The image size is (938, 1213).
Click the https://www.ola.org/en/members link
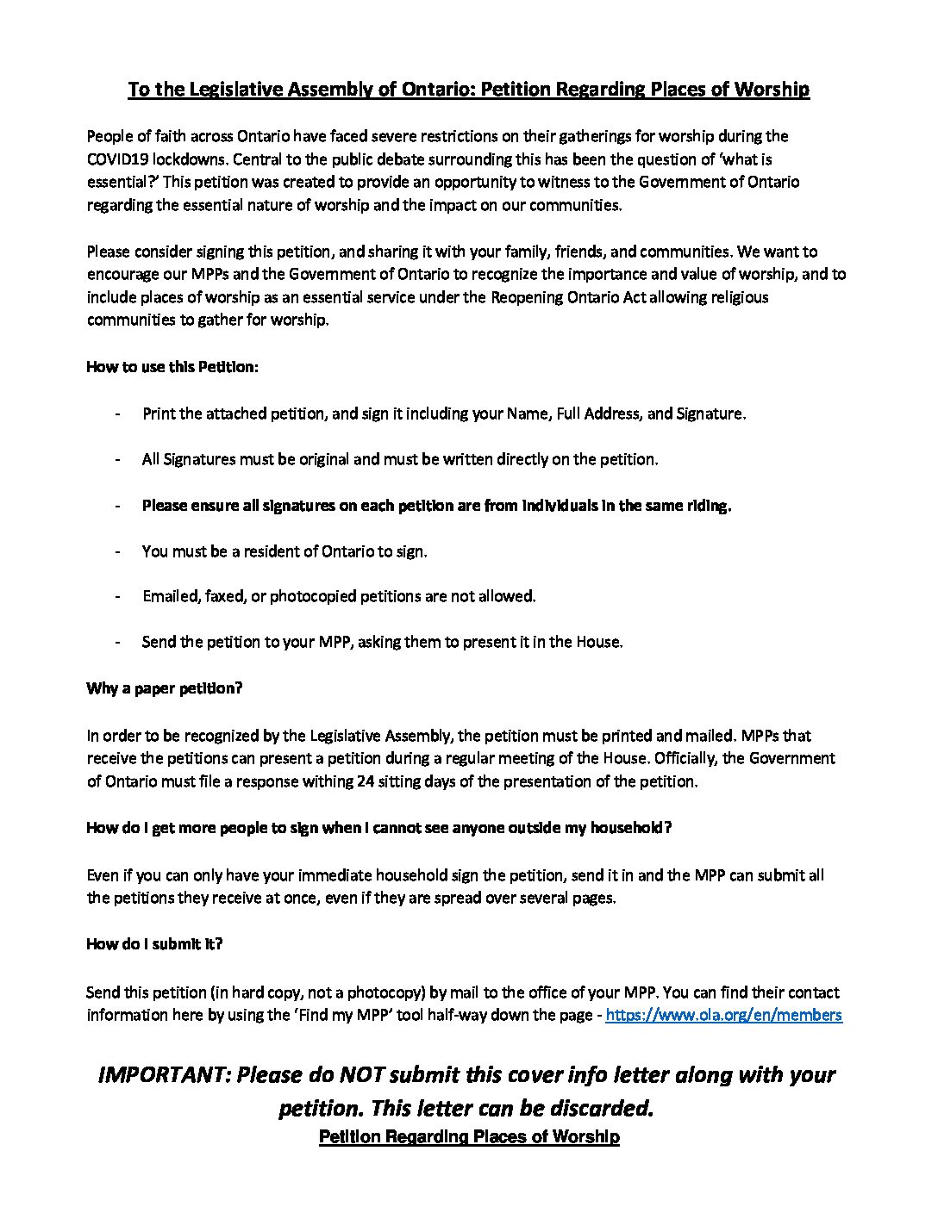pyautogui.click(x=723, y=1015)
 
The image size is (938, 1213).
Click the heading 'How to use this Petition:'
pyautogui.click(x=172, y=367)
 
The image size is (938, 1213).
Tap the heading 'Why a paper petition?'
pyautogui.click(x=165, y=689)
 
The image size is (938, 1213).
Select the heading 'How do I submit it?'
pyautogui.click(x=154, y=943)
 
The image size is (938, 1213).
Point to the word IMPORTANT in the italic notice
pyautogui.click(x=165, y=1075)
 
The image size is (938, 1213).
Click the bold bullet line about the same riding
pyautogui.click(x=436, y=506)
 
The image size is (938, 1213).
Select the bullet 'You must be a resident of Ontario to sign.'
pyautogui.click(x=285, y=551)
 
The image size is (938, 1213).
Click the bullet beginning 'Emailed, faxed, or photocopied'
pyautogui.click(x=339, y=596)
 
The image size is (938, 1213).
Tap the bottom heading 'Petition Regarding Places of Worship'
pyautogui.click(x=469, y=1137)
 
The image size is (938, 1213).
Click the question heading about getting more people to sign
pyautogui.click(x=379, y=828)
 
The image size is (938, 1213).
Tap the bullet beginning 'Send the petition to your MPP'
pyautogui.click(x=382, y=642)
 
